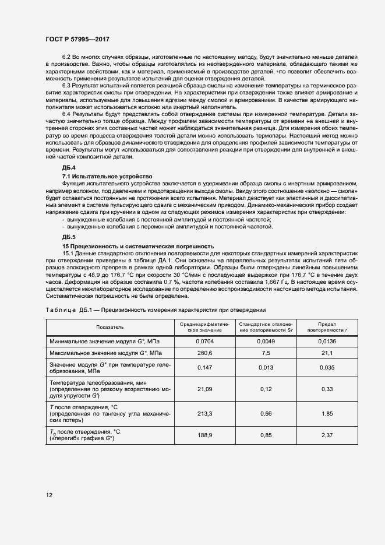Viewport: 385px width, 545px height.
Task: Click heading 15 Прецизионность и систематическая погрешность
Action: click(x=138, y=247)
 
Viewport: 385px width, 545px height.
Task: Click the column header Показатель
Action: click(x=110, y=327)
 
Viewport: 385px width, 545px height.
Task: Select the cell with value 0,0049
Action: click(x=265, y=341)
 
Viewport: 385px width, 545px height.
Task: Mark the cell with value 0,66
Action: click(x=265, y=413)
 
